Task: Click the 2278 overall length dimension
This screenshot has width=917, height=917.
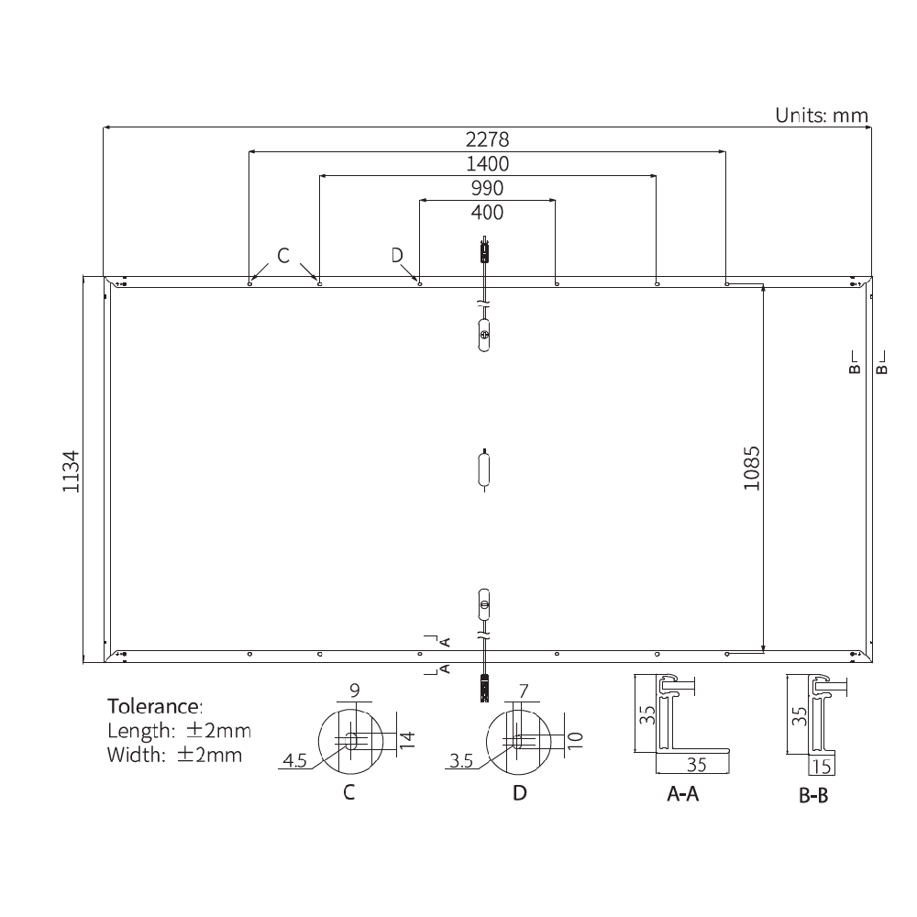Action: [487, 140]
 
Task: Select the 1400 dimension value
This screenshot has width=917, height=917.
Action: [487, 164]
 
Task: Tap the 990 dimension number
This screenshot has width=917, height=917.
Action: [487, 189]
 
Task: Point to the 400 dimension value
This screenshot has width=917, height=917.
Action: [487, 213]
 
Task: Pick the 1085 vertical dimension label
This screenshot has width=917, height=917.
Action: [752, 468]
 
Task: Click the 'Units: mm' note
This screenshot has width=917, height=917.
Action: [821, 116]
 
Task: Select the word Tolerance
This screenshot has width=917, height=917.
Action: [154, 707]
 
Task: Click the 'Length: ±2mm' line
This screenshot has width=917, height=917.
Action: [178, 732]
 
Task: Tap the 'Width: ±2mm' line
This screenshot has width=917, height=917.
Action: [174, 756]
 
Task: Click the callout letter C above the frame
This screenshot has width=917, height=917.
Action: [283, 256]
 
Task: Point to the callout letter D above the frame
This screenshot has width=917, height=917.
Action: [397, 255]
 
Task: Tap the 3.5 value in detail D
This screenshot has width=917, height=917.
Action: [461, 760]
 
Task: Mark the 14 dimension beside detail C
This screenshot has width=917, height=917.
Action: [408, 739]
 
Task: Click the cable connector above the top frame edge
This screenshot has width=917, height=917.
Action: [484, 250]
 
